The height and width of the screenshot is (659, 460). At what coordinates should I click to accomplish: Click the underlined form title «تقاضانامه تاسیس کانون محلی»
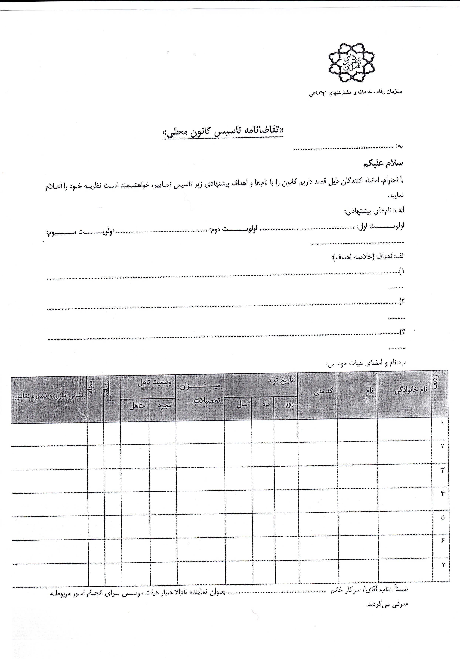pos(222,131)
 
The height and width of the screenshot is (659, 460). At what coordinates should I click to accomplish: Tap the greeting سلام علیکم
pos(383,163)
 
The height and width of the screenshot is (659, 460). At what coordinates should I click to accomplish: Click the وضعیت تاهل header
pos(154,383)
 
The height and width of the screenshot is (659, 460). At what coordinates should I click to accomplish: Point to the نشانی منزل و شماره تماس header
pos(49,396)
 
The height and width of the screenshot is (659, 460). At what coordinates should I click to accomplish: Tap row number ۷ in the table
pos(443,564)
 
